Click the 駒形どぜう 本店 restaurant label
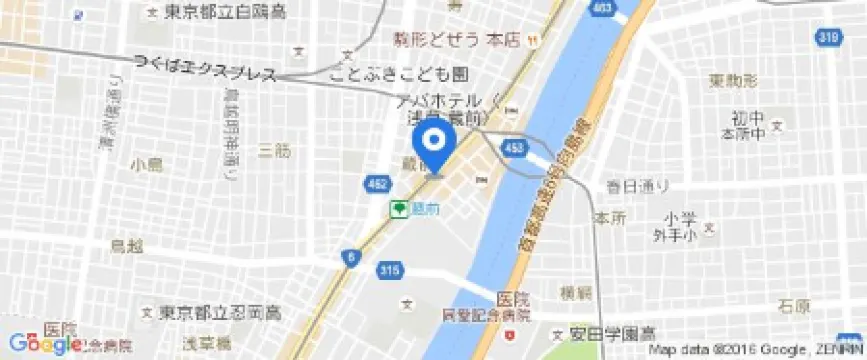click(x=450, y=40)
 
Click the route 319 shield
click(x=852, y=37)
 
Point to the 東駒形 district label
click(x=732, y=79)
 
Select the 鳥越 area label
click(x=127, y=244)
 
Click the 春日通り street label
click(x=636, y=185)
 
